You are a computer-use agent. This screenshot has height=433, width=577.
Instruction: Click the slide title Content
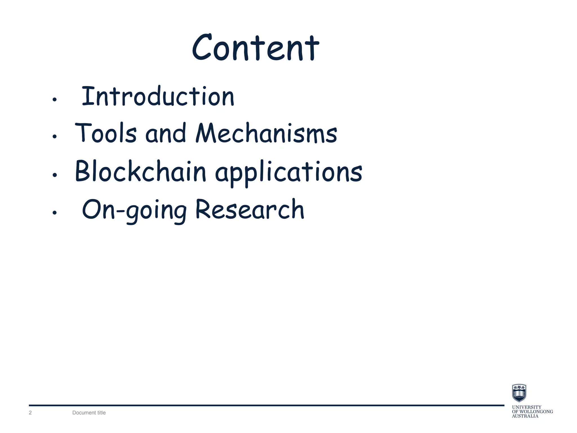click(x=256, y=48)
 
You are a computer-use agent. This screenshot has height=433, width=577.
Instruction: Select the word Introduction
click(x=158, y=96)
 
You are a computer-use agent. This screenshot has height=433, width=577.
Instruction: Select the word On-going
click(x=134, y=210)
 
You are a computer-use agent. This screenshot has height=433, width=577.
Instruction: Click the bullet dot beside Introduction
click(x=55, y=100)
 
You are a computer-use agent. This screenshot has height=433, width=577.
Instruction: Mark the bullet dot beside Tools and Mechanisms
click(x=55, y=137)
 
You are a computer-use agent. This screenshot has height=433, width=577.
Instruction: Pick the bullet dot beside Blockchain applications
click(x=55, y=175)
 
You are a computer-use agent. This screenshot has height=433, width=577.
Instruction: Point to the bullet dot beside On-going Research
click(x=55, y=213)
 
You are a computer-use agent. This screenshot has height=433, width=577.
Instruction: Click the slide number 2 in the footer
click(x=30, y=413)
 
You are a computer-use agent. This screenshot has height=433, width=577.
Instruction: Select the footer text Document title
click(x=89, y=413)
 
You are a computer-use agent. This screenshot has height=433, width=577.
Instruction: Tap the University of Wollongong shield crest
click(x=519, y=393)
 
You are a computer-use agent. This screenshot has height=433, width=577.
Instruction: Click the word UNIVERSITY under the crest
click(x=527, y=407)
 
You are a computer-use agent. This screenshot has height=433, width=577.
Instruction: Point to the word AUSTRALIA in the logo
click(x=525, y=416)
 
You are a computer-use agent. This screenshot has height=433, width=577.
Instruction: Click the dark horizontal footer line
click(x=266, y=405)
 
